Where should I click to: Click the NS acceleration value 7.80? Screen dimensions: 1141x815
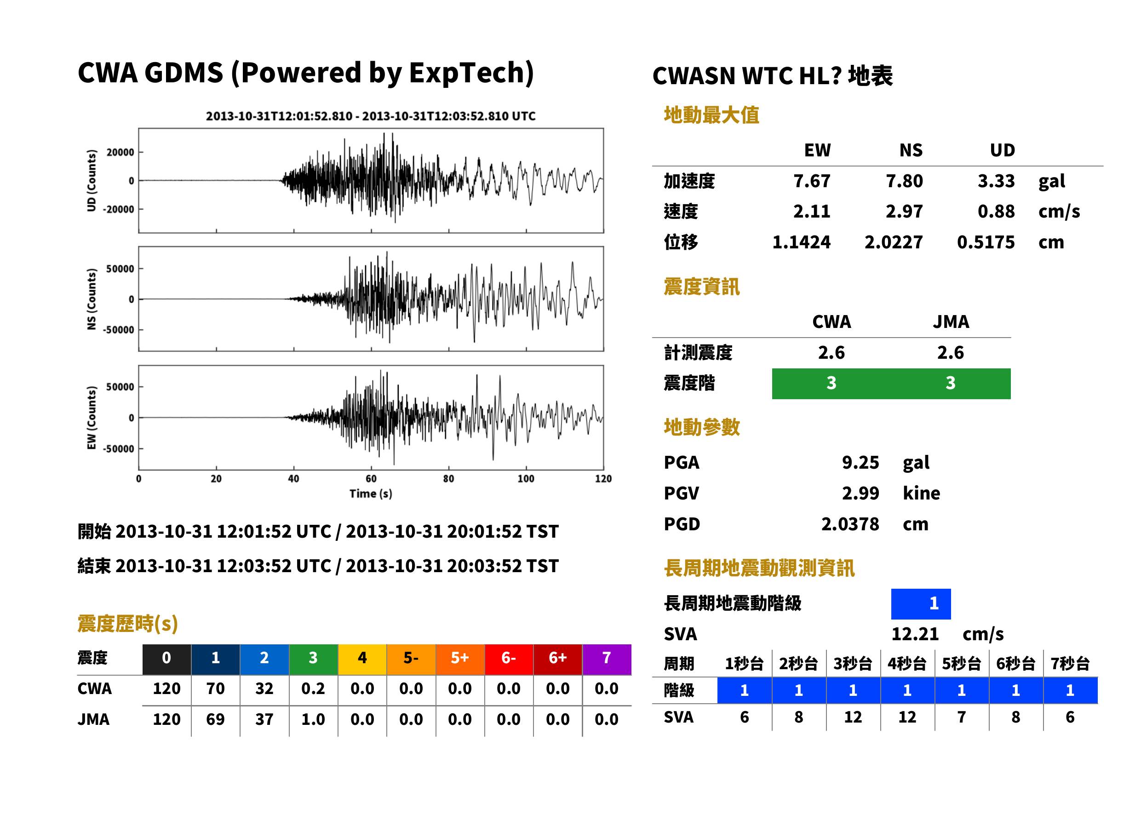pos(904,181)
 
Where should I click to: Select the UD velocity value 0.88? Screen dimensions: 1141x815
pos(996,211)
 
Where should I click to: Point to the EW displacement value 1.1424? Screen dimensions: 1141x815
pos(801,242)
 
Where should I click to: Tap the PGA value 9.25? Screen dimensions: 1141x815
pos(860,462)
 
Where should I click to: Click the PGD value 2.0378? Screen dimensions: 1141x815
pos(850,524)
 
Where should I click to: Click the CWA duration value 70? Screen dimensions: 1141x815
pos(215,689)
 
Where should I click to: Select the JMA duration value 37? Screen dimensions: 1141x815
pos(264,719)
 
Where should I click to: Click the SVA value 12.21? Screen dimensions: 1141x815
pos(915,634)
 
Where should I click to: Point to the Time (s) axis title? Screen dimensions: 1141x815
pos(371,494)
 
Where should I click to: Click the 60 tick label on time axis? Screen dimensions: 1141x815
pos(371,479)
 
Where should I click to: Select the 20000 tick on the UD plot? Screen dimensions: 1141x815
pos(120,152)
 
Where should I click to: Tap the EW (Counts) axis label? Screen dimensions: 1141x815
pos(92,418)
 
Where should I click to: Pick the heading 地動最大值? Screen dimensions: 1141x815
pos(711,115)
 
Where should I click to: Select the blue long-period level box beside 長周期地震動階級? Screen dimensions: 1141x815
pos(921,604)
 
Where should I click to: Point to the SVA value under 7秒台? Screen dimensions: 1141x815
pos(1070,717)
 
